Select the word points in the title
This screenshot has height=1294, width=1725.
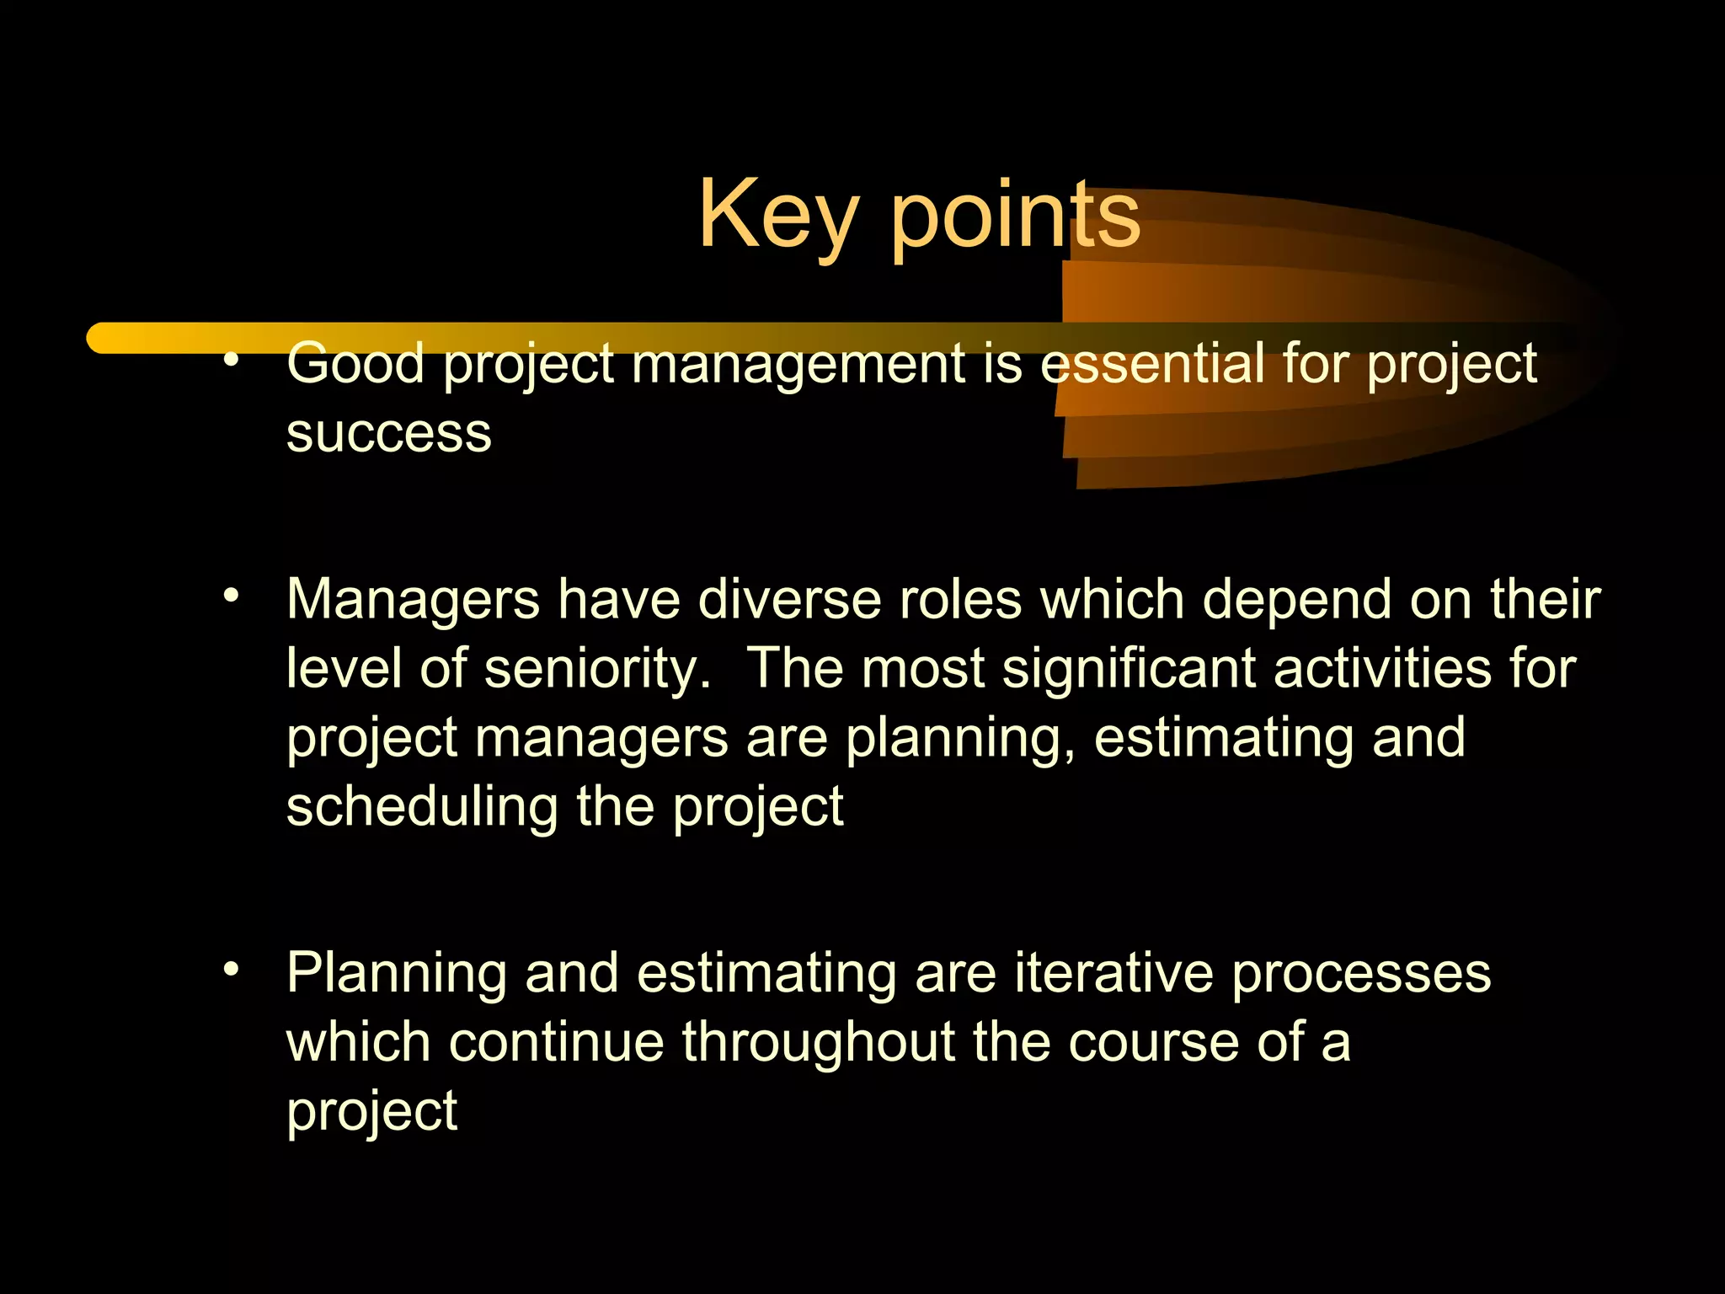click(1015, 217)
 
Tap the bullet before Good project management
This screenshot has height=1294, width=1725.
click(232, 361)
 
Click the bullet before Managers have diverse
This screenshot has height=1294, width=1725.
click(232, 596)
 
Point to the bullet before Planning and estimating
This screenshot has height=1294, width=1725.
click(232, 969)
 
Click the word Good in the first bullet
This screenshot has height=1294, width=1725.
click(355, 364)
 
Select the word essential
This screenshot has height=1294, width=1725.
click(1151, 364)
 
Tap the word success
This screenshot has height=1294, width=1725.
click(388, 434)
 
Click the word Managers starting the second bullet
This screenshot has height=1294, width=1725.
click(413, 602)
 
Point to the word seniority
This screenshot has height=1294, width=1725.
click(598, 671)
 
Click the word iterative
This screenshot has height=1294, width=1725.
click(1114, 972)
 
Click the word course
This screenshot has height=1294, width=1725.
click(1154, 1043)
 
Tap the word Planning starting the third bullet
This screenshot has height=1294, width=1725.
click(396, 974)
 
